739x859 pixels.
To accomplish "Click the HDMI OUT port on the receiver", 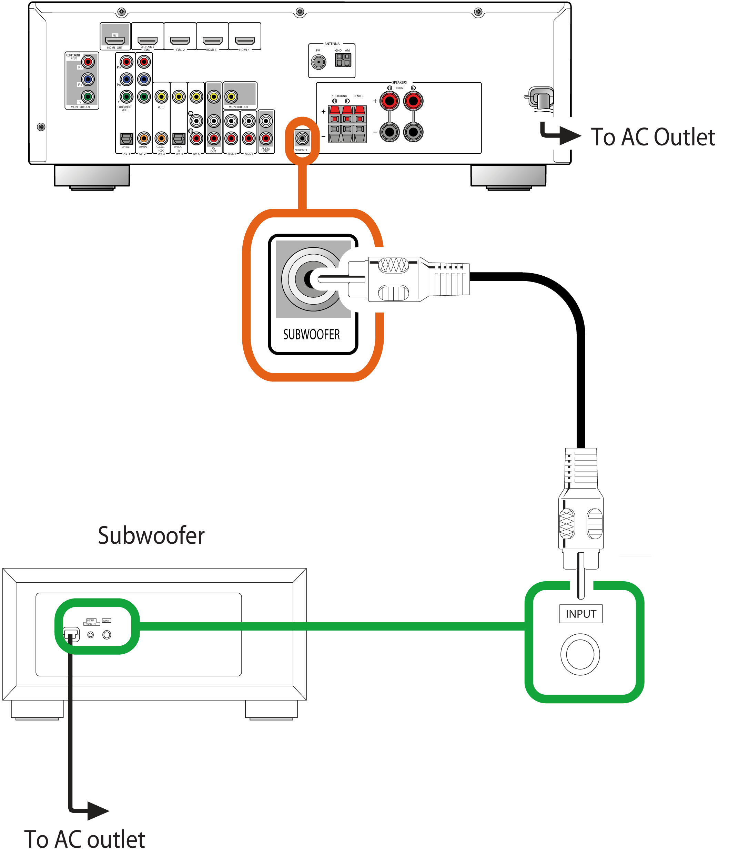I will pos(115,41).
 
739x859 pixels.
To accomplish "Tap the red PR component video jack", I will pos(88,62).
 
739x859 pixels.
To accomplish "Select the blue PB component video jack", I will pos(88,79).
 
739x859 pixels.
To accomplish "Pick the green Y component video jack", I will pos(88,96).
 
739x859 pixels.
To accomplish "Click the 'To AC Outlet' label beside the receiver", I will pos(654,137).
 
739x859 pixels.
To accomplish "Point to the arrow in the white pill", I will pos(559,133).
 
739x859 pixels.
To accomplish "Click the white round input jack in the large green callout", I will pos(580,655).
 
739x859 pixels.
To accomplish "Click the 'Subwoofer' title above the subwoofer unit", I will pos(151,536).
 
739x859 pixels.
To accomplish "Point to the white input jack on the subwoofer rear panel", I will pos(107,635).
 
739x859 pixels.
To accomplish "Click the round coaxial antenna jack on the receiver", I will pos(318,62).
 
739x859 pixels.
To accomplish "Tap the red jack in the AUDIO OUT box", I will pos(266,138).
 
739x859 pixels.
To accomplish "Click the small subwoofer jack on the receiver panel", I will pos(302,138).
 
